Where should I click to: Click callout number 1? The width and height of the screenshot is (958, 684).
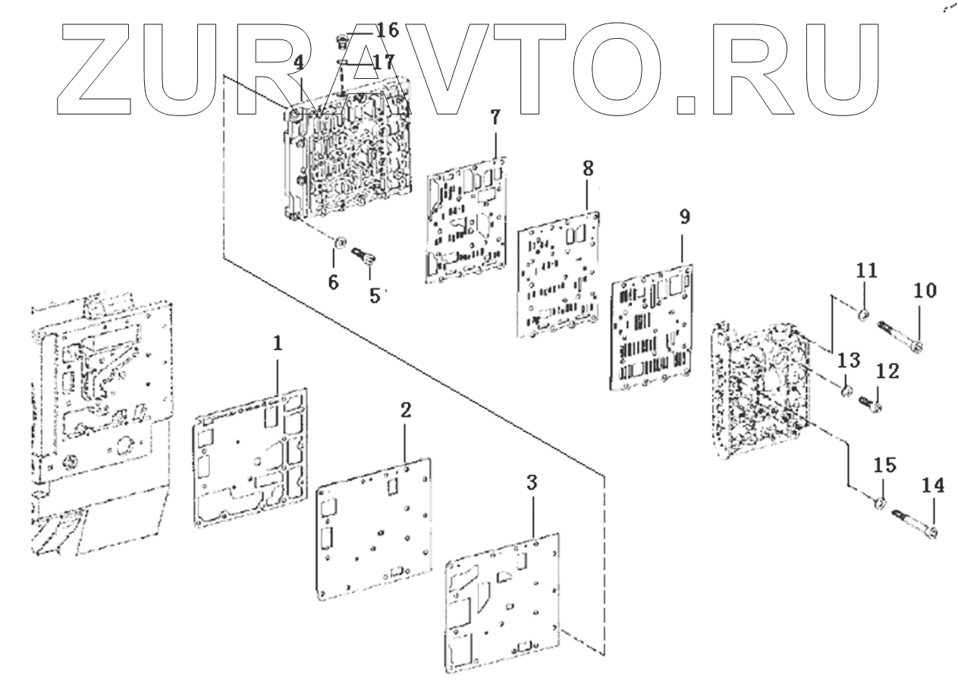tap(278, 343)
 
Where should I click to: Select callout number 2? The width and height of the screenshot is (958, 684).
tap(406, 411)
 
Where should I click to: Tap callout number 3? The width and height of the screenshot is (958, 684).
tap(532, 483)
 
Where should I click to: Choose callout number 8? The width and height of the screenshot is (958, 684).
tap(588, 169)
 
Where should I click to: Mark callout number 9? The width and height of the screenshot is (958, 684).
tap(684, 218)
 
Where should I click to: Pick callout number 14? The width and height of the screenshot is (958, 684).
tap(933, 484)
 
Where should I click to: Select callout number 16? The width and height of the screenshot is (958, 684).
tap(387, 30)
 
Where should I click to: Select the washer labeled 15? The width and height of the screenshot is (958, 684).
tap(881, 504)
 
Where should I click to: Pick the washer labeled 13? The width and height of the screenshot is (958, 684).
tap(843, 392)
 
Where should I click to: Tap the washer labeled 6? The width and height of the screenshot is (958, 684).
tap(341, 243)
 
